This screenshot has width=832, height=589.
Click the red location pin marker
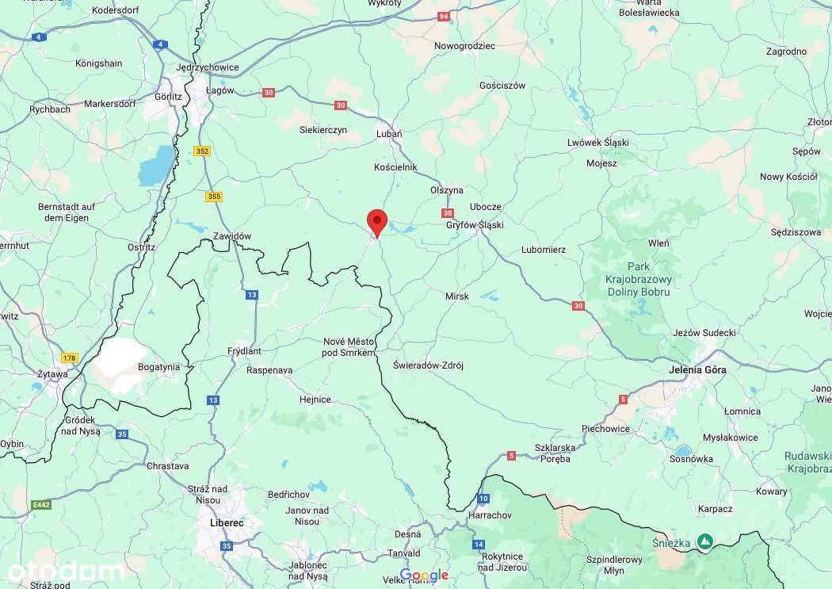point(376,222)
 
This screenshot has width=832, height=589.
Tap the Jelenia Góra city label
point(697,369)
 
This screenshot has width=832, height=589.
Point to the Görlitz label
point(170,97)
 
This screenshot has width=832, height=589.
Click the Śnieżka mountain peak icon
point(704,541)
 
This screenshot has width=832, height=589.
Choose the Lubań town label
point(388,134)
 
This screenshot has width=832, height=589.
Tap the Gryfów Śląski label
point(475,225)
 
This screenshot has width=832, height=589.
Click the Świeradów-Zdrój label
point(428,365)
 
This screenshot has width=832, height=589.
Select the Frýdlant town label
point(244,350)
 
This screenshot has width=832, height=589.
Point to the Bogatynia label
point(158,367)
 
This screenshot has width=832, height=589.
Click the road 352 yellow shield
point(203,151)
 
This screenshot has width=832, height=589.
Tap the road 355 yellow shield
point(214,197)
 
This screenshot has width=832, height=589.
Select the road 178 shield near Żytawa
point(70,358)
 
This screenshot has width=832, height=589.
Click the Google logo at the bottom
point(424,575)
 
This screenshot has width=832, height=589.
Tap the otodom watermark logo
point(65,571)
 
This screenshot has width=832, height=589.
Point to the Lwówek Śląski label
point(597,143)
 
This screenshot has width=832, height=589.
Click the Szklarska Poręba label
point(552,453)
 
